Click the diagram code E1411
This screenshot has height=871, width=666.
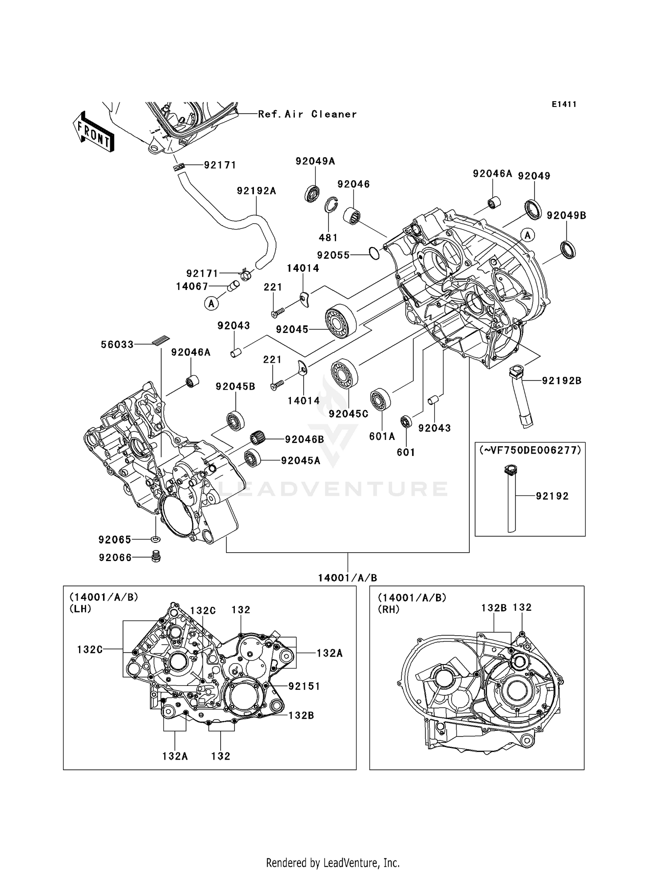pos(564,104)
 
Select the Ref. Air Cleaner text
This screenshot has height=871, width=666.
pos(307,114)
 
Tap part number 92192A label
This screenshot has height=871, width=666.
pos(256,191)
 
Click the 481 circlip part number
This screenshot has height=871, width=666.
pos(328,238)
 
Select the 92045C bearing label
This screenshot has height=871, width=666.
pos(349,414)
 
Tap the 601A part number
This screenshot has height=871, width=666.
pos(382,436)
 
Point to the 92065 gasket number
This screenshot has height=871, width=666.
pos(115,539)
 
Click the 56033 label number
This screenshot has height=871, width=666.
pos(117,344)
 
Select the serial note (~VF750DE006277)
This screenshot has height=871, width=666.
pos(530,450)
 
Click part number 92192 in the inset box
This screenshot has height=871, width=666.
pos(552,496)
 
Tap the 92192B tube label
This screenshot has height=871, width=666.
pos(561,380)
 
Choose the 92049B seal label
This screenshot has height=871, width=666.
pos(566,215)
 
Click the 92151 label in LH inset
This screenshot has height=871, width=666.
pos(304,686)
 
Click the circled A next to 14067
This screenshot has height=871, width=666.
pos(212,304)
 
